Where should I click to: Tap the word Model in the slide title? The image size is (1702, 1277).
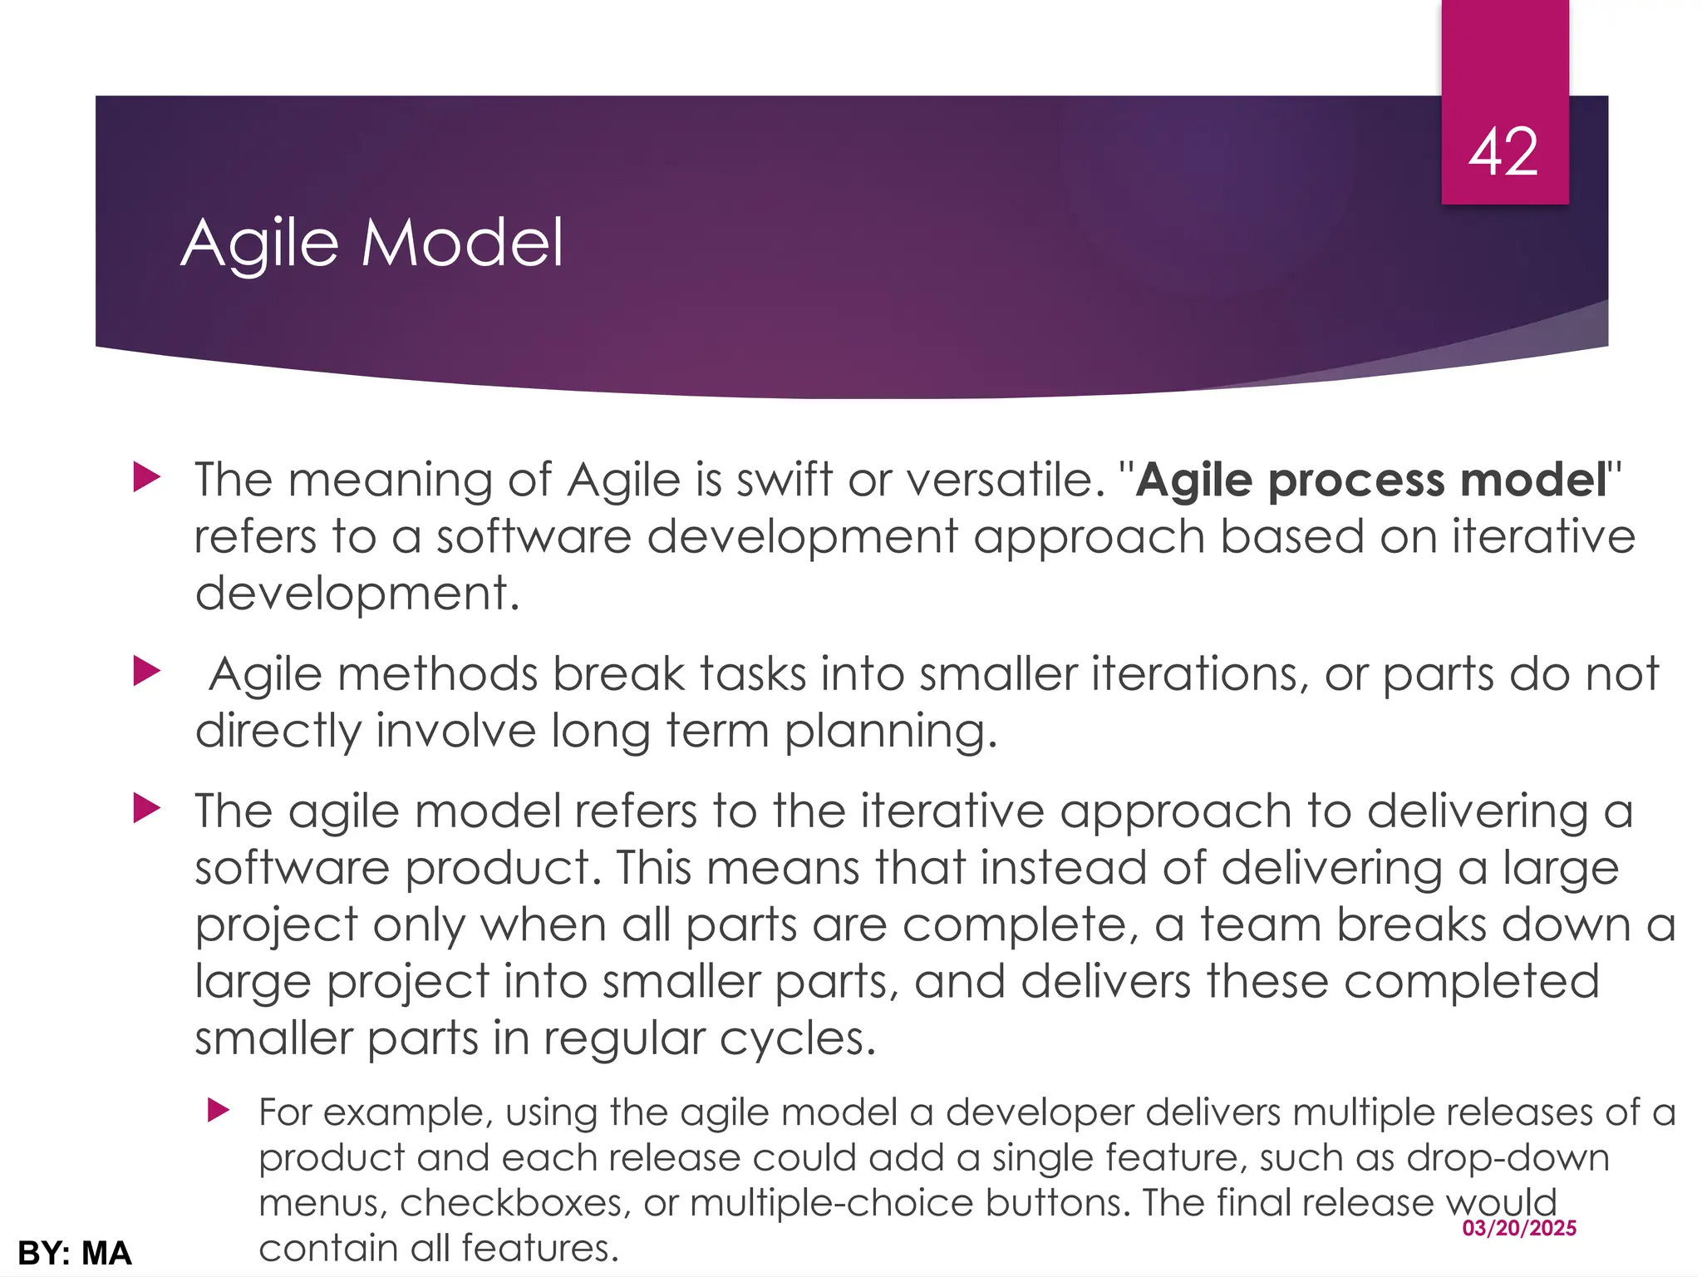coord(462,242)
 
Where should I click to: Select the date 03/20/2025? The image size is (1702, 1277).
coord(1519,1228)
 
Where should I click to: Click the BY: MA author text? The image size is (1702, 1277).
coord(75,1253)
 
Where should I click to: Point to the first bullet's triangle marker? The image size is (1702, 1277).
coord(146,478)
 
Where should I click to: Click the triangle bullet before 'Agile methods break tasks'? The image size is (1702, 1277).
coord(146,671)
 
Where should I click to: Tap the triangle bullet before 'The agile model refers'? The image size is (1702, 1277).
coord(146,808)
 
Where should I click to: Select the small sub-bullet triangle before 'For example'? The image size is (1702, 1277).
coord(218,1110)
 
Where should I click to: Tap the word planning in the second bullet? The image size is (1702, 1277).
coord(889,732)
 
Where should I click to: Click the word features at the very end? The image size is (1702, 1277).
coord(539,1248)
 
